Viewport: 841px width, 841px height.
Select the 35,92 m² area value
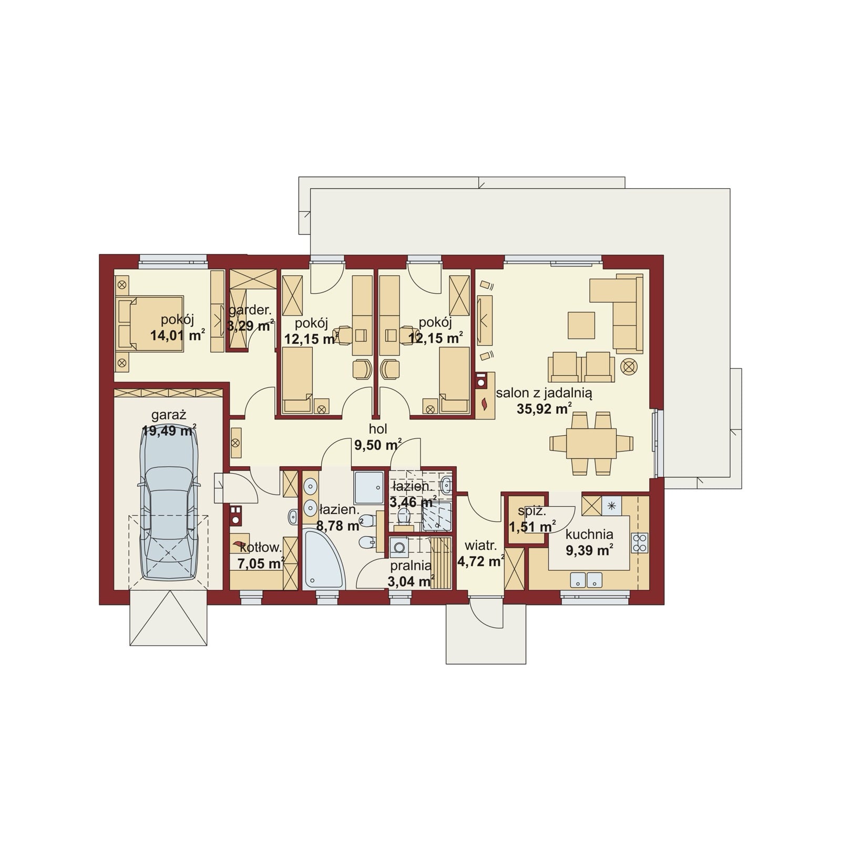[x=544, y=408]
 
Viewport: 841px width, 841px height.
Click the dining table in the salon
[x=591, y=443]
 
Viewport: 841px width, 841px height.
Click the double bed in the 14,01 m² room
[x=150, y=323]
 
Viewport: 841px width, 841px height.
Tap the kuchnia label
[x=589, y=535]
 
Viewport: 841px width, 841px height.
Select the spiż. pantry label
[x=532, y=510]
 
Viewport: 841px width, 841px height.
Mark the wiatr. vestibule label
[x=477, y=547]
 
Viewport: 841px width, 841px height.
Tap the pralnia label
[x=411, y=566]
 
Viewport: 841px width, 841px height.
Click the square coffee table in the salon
[x=581, y=325]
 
